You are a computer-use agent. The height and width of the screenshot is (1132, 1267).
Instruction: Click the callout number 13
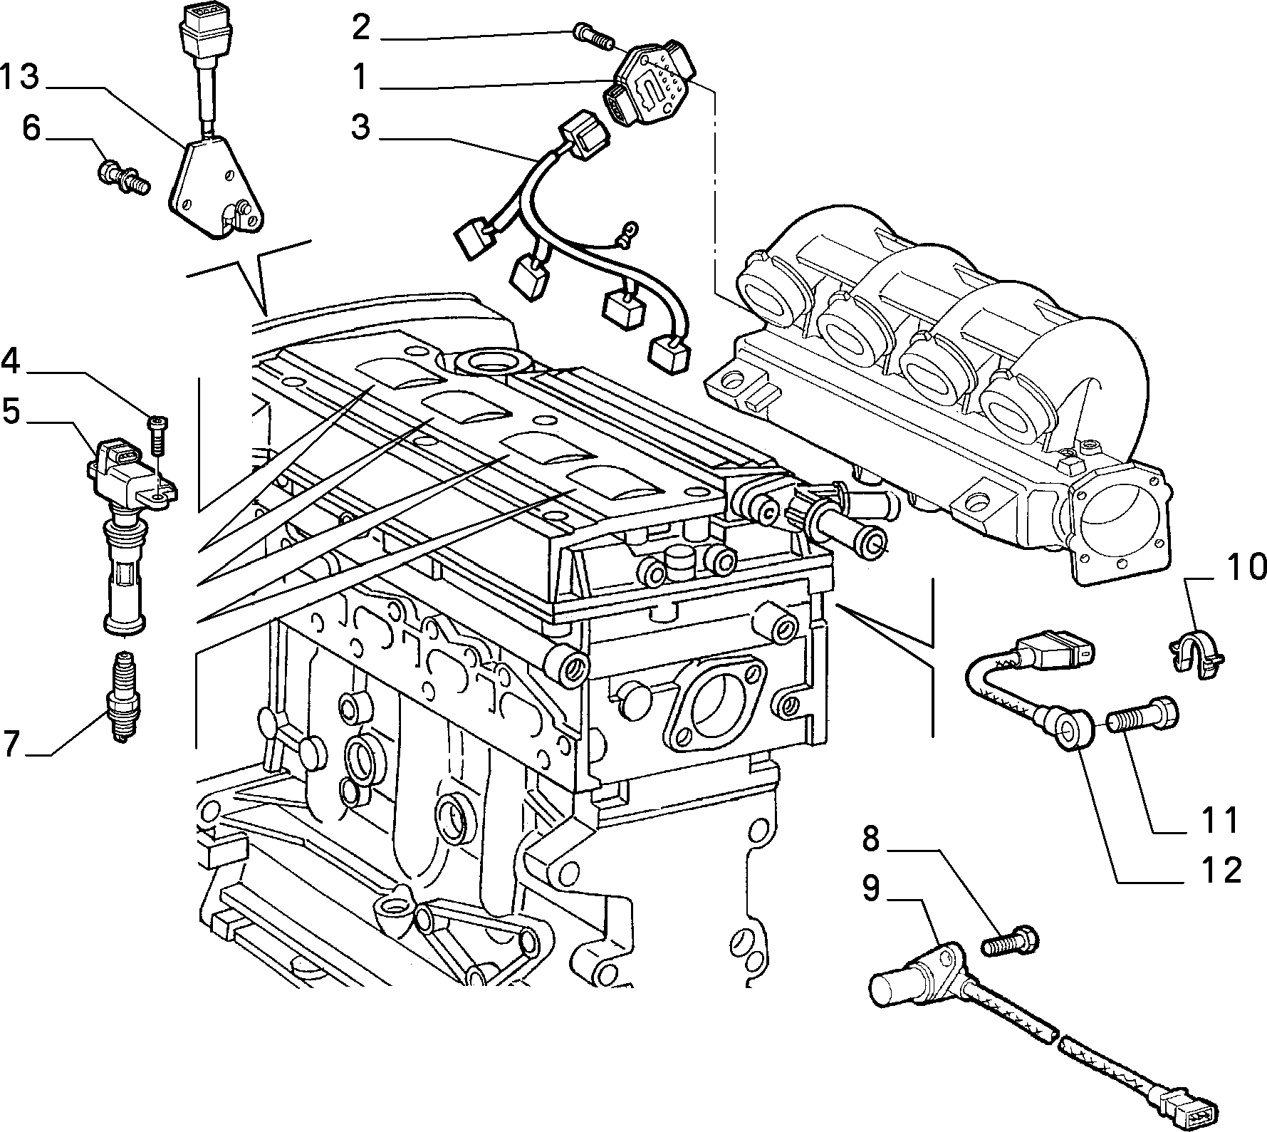click(19, 77)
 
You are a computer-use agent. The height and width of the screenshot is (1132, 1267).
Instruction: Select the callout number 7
click(13, 744)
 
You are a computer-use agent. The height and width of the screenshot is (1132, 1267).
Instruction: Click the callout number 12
click(1221, 870)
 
